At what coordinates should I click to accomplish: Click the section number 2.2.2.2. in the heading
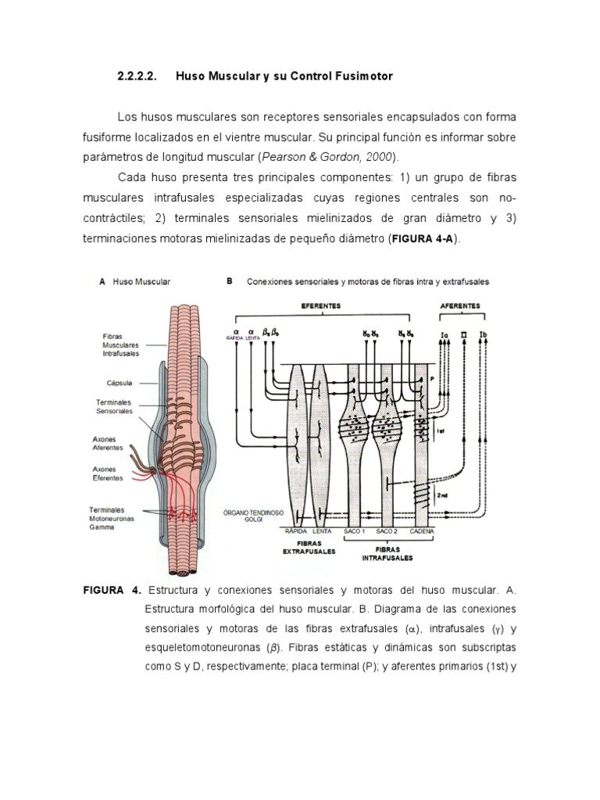[137, 77]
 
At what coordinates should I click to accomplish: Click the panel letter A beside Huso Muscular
[102, 281]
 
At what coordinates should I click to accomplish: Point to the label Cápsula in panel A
[120, 383]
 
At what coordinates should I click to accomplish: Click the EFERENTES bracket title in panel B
[324, 307]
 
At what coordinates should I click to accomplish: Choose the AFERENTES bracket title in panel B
[461, 307]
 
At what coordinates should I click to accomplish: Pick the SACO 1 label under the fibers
[355, 531]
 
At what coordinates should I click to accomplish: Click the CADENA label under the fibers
[421, 531]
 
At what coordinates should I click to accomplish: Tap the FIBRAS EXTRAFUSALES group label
[309, 545]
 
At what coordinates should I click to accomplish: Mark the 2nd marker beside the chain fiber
[442, 495]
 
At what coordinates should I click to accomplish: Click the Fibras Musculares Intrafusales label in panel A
[120, 345]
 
